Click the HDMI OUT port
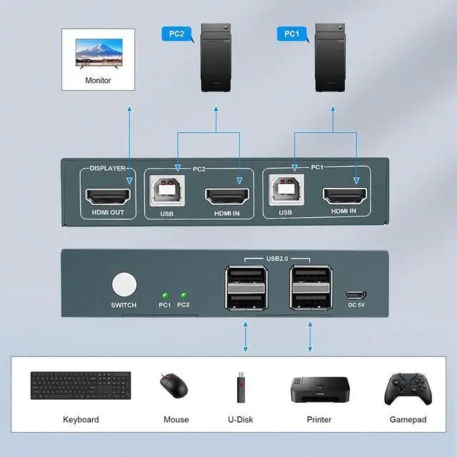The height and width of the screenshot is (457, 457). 107,195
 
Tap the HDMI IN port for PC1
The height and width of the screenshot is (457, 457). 345,195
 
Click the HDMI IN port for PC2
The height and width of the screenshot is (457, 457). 226,195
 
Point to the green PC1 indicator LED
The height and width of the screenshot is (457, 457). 165,294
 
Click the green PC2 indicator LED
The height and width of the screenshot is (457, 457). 184,294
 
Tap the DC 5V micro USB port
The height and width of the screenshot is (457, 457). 355,294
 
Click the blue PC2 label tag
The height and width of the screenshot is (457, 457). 176,33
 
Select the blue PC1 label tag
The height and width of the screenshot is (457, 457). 293,33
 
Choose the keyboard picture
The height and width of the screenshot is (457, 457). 81,387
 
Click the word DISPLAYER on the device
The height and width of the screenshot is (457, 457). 107,169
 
